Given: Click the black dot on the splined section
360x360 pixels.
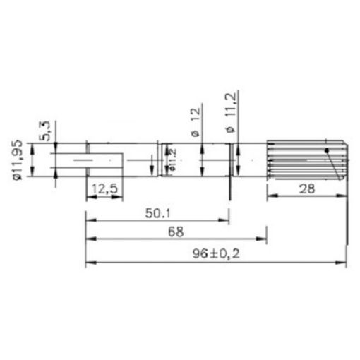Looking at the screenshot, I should point(326,150).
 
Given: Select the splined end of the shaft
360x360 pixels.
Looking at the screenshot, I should point(306,160).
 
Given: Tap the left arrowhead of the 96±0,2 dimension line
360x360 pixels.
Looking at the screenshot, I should point(88,264).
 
